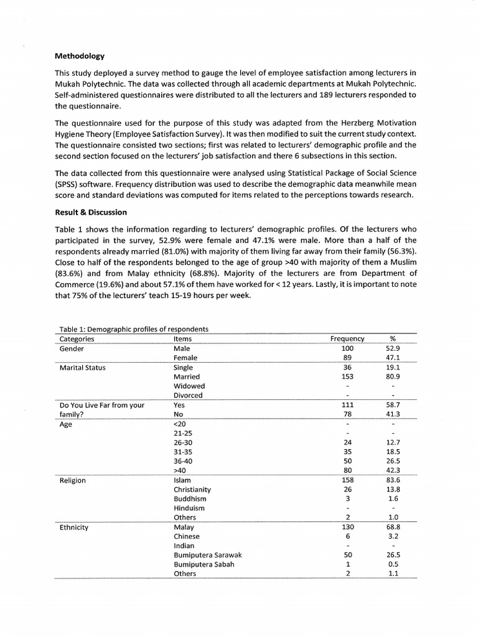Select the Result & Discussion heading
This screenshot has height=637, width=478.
pyautogui.click(x=91, y=212)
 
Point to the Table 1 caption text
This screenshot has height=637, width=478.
pyautogui.click(x=133, y=329)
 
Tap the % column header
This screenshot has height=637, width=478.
pyautogui.click(x=392, y=339)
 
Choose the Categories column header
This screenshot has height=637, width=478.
pyautogui.click(x=77, y=339)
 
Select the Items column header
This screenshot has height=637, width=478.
pyautogui.click(x=183, y=339)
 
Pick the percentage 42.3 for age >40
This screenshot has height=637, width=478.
pyautogui.click(x=392, y=471)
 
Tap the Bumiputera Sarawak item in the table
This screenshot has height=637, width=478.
pyautogui.click(x=207, y=555)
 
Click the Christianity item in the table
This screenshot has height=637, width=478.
pyautogui.click(x=192, y=490)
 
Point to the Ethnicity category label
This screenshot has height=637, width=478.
pyautogui.click(x=74, y=527)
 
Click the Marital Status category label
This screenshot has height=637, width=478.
pyautogui.click(x=83, y=367)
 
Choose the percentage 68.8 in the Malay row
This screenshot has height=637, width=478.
pyautogui.click(x=392, y=527)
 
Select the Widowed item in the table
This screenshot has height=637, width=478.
pyautogui.click(x=189, y=386)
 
